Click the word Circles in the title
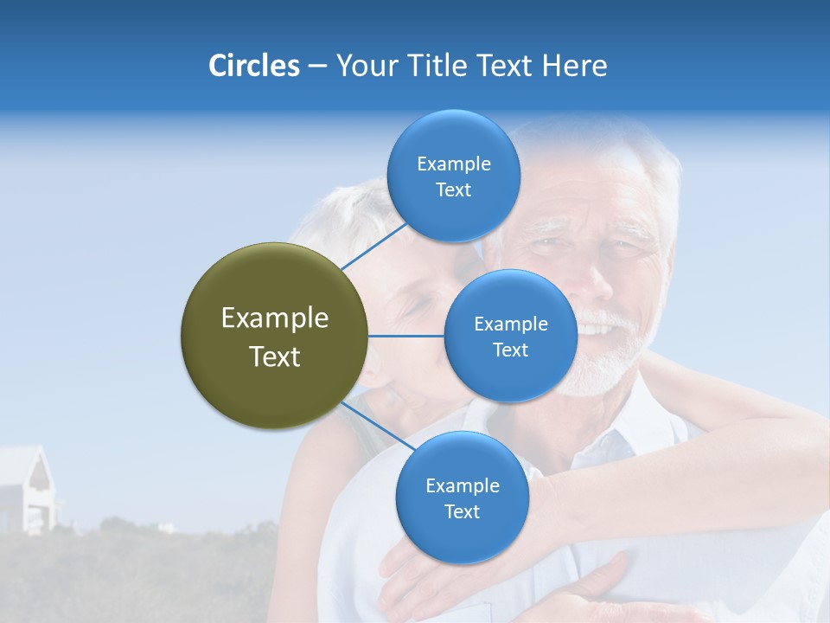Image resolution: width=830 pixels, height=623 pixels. (x=253, y=66)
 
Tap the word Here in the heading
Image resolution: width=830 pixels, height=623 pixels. (x=574, y=66)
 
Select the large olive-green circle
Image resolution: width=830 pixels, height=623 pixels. (x=274, y=337)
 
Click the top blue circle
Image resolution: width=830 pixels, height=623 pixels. (x=453, y=177)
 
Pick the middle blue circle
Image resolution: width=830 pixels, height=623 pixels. (x=510, y=337)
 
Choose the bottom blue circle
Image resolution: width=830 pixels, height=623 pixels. (x=462, y=498)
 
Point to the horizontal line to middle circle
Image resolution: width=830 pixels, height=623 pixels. (x=406, y=336)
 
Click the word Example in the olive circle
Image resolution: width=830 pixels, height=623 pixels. (x=274, y=318)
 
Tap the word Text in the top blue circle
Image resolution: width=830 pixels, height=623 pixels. (x=453, y=190)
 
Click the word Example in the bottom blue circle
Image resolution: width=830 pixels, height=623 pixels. (x=462, y=485)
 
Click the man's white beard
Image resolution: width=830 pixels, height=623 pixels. (x=605, y=363)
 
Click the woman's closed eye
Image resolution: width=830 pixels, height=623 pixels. (x=416, y=305)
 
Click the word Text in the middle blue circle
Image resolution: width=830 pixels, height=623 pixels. (x=510, y=350)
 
